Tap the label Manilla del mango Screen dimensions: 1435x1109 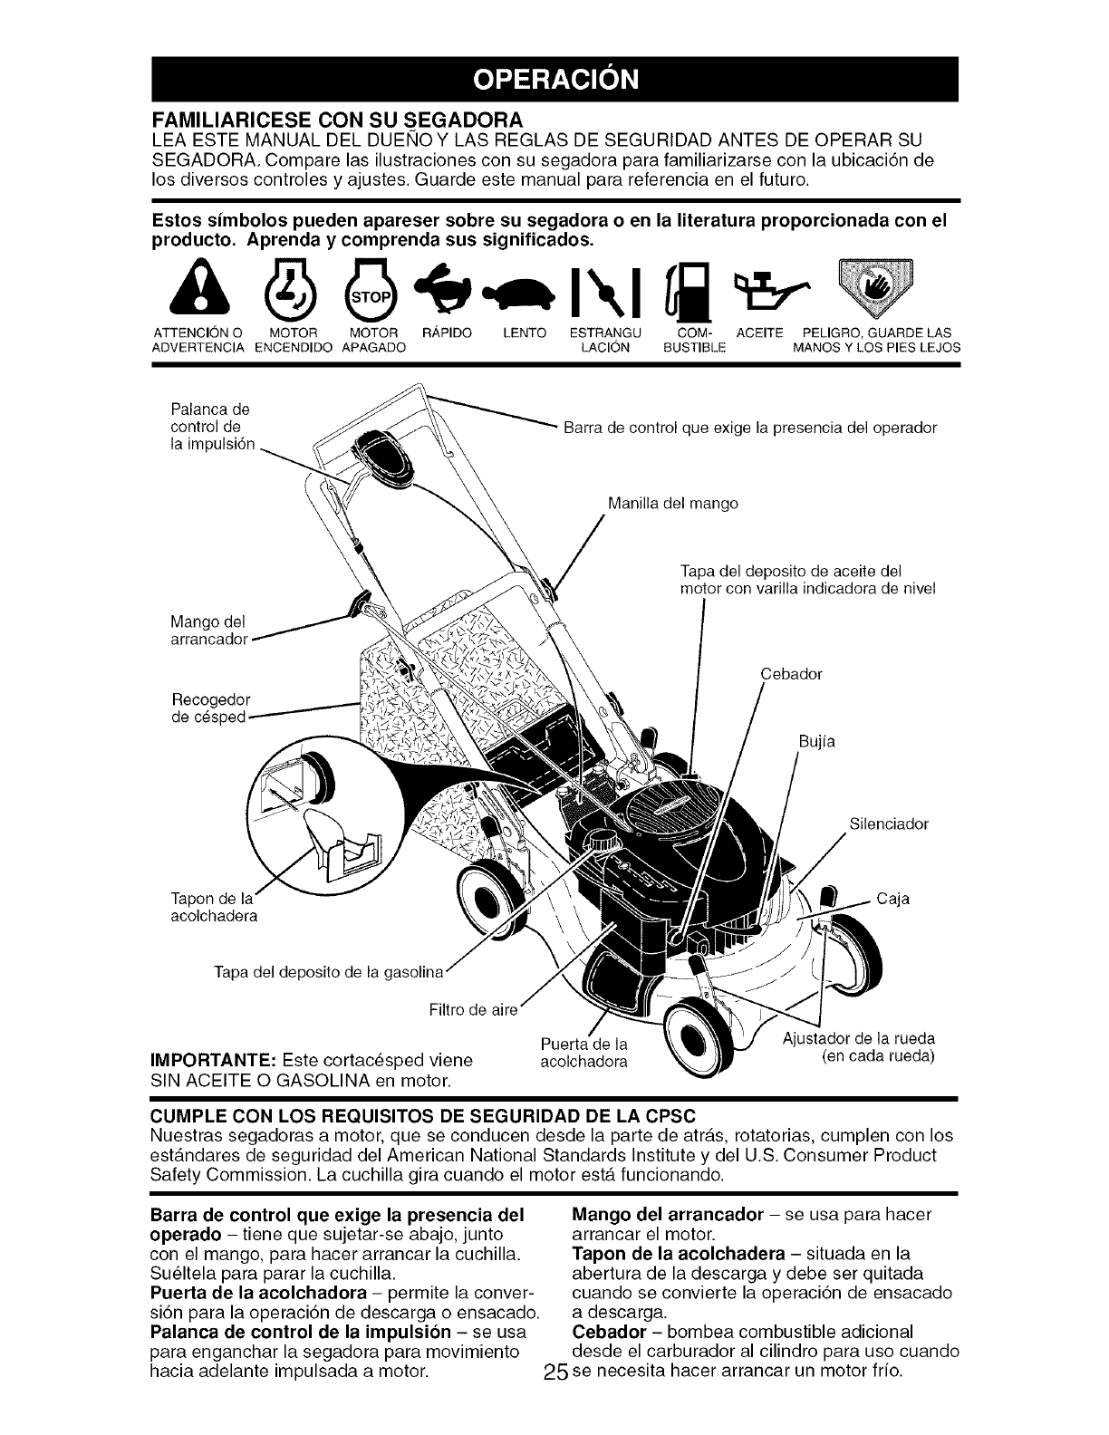[673, 503]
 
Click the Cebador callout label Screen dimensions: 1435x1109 [791, 674]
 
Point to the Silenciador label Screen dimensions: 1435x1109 [889, 824]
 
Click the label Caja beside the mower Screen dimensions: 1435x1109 [892, 899]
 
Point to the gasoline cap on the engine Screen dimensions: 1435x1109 [599, 840]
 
